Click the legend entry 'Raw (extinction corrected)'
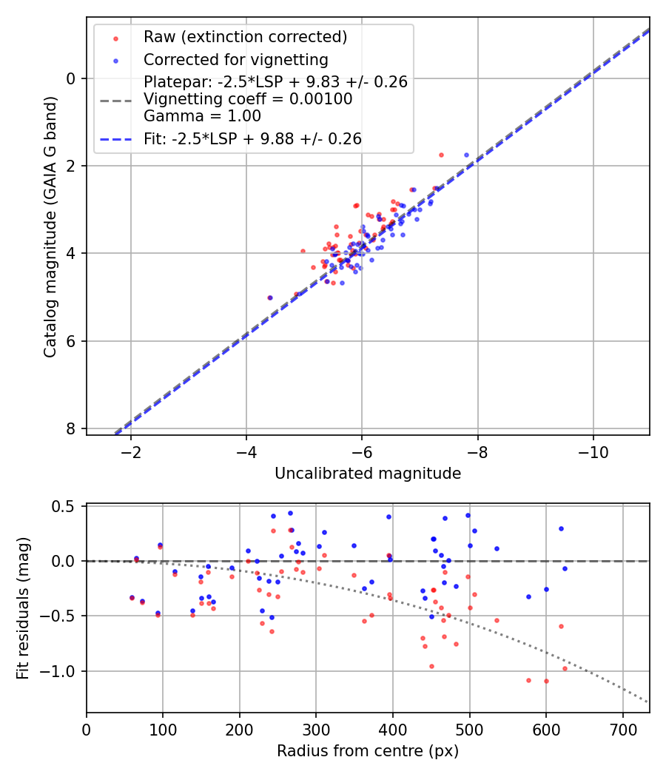[245, 37]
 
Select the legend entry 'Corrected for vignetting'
[235, 59]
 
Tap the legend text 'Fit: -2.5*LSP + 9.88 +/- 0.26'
[252, 138]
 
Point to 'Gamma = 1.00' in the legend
[202, 115]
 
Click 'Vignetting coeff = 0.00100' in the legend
[248, 98]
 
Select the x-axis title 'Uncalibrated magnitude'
[368, 474]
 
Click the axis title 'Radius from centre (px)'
[368, 751]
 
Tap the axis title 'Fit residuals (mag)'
[23, 608]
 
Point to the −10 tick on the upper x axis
[593, 452]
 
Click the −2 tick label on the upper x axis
[131, 452]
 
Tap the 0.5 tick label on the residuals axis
[67, 506]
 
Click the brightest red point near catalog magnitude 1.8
[441, 155]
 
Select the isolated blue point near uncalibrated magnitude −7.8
[466, 155]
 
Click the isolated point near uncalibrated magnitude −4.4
[270, 297]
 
